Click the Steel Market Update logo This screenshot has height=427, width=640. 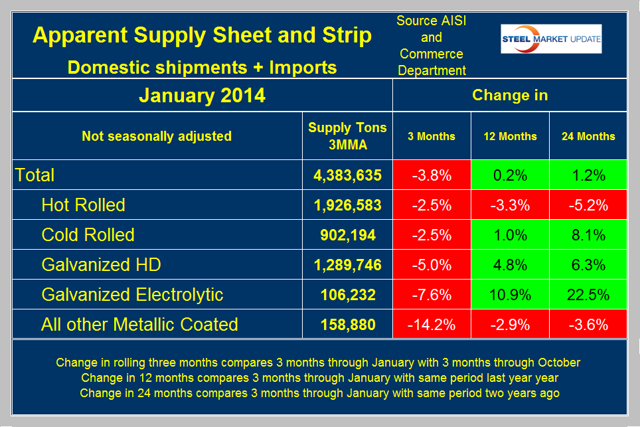point(551,39)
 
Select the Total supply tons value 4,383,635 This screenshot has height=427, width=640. point(347,175)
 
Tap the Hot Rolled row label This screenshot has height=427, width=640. point(83,205)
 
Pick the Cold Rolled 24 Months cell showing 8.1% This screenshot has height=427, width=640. point(588,235)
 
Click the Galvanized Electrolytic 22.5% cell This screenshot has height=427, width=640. point(588,295)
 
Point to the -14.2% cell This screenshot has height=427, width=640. point(432,325)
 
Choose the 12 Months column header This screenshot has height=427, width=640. point(510,136)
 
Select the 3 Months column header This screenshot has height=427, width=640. point(432,136)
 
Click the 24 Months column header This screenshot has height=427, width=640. point(588,136)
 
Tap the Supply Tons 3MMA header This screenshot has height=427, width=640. point(347,135)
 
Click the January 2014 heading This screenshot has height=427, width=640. point(202,96)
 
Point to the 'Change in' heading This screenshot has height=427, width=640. point(510,95)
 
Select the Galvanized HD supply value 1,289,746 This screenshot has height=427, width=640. point(347,265)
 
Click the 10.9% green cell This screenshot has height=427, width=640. point(510,295)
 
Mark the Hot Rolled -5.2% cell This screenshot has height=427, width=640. point(588,205)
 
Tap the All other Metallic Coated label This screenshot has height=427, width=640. point(139,325)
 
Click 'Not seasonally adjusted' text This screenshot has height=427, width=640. point(157,136)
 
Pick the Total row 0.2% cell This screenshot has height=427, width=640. point(510,175)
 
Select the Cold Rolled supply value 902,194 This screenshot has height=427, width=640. point(347,235)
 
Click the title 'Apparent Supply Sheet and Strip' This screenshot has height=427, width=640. point(202,36)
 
